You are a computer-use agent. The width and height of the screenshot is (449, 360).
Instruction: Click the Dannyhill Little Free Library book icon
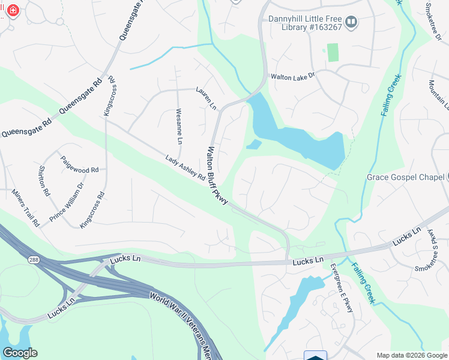click(352, 22)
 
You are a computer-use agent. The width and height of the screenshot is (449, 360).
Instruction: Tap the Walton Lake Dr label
click(292, 77)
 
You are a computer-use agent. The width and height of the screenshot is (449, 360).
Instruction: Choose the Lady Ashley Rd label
click(185, 167)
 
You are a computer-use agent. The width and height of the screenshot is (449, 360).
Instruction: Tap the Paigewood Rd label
click(79, 165)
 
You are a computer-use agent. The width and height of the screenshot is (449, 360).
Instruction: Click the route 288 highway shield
click(33, 259)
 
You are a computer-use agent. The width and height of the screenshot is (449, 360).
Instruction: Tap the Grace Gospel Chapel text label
click(405, 177)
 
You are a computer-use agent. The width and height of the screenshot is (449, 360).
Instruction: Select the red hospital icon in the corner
click(13, 10)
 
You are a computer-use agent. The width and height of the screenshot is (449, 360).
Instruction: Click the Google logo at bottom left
click(20, 353)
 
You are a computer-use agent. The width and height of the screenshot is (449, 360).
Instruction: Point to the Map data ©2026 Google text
click(411, 355)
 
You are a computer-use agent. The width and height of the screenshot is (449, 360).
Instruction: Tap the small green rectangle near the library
click(333, 52)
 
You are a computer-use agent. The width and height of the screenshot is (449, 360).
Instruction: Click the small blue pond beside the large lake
click(254, 145)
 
